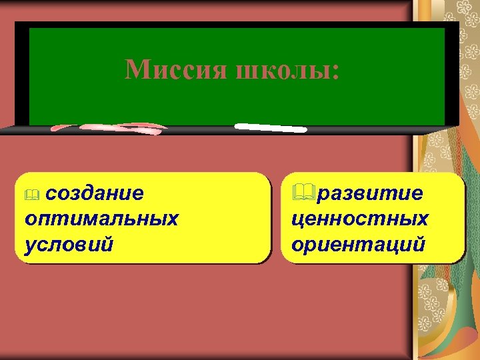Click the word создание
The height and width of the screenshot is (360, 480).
tap(96, 193)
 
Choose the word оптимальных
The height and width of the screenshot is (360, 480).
tap(101, 219)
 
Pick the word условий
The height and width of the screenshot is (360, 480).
tap(68, 243)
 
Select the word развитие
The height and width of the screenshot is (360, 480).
tap(369, 193)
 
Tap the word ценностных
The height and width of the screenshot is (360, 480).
tap(360, 219)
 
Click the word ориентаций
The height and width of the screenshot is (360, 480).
tap(359, 243)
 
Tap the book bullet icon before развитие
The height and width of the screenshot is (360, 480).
tap(303, 193)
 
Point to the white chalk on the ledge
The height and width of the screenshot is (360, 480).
tap(270, 126)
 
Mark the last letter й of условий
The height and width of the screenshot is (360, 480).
tap(107, 243)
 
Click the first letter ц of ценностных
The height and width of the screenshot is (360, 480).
tap(297, 219)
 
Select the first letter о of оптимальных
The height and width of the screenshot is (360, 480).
tap(30, 219)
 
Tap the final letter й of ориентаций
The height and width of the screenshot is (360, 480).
tap(419, 243)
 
